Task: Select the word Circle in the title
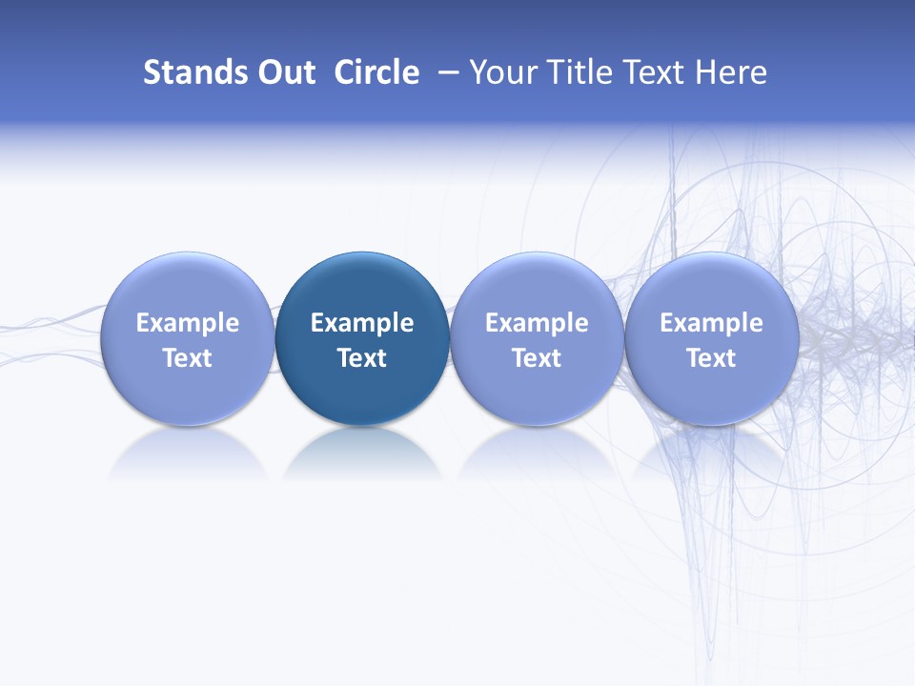coord(376,72)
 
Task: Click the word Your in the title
coord(502,72)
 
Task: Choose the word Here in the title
coord(732,72)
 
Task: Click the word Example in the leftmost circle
coord(188,323)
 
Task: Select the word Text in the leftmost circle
coord(188,358)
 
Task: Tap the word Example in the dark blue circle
coord(362,323)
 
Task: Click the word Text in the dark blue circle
coord(362,358)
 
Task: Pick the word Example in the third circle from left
coord(537,323)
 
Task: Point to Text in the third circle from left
coord(537,358)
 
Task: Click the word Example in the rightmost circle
coord(711,323)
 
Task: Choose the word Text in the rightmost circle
coord(711,358)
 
